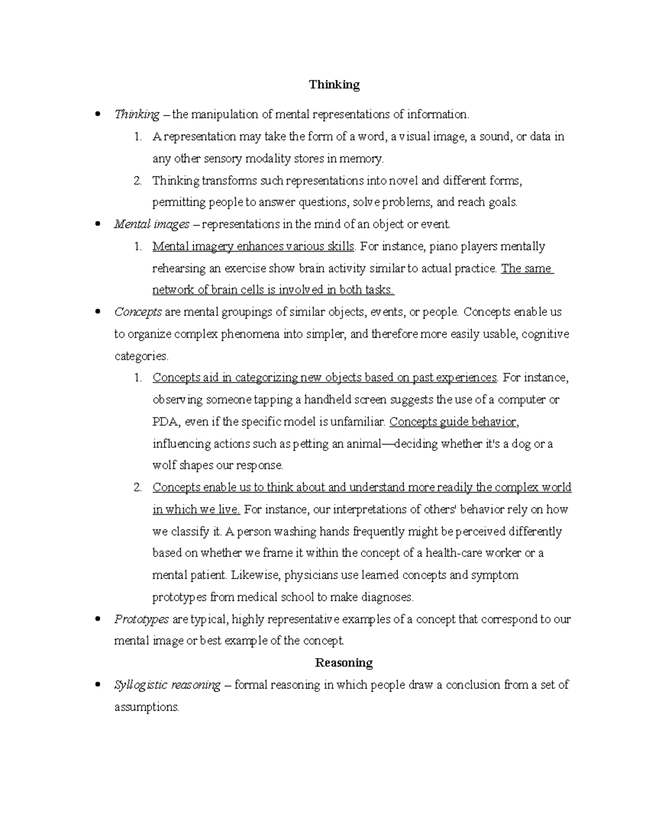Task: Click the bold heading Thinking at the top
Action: point(334,85)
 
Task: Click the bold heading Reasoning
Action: point(344,663)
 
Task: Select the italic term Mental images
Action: point(151,224)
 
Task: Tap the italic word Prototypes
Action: point(142,619)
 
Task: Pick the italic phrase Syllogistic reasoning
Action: point(167,685)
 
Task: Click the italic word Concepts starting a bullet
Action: point(138,312)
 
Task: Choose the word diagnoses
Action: point(385,597)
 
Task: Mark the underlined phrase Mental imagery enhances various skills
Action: point(253,246)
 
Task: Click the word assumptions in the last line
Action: point(146,707)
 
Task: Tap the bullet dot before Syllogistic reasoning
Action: point(98,685)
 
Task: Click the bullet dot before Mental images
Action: point(98,224)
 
